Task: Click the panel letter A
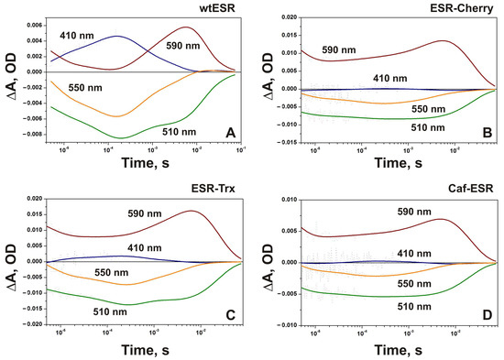coord(231,134)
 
